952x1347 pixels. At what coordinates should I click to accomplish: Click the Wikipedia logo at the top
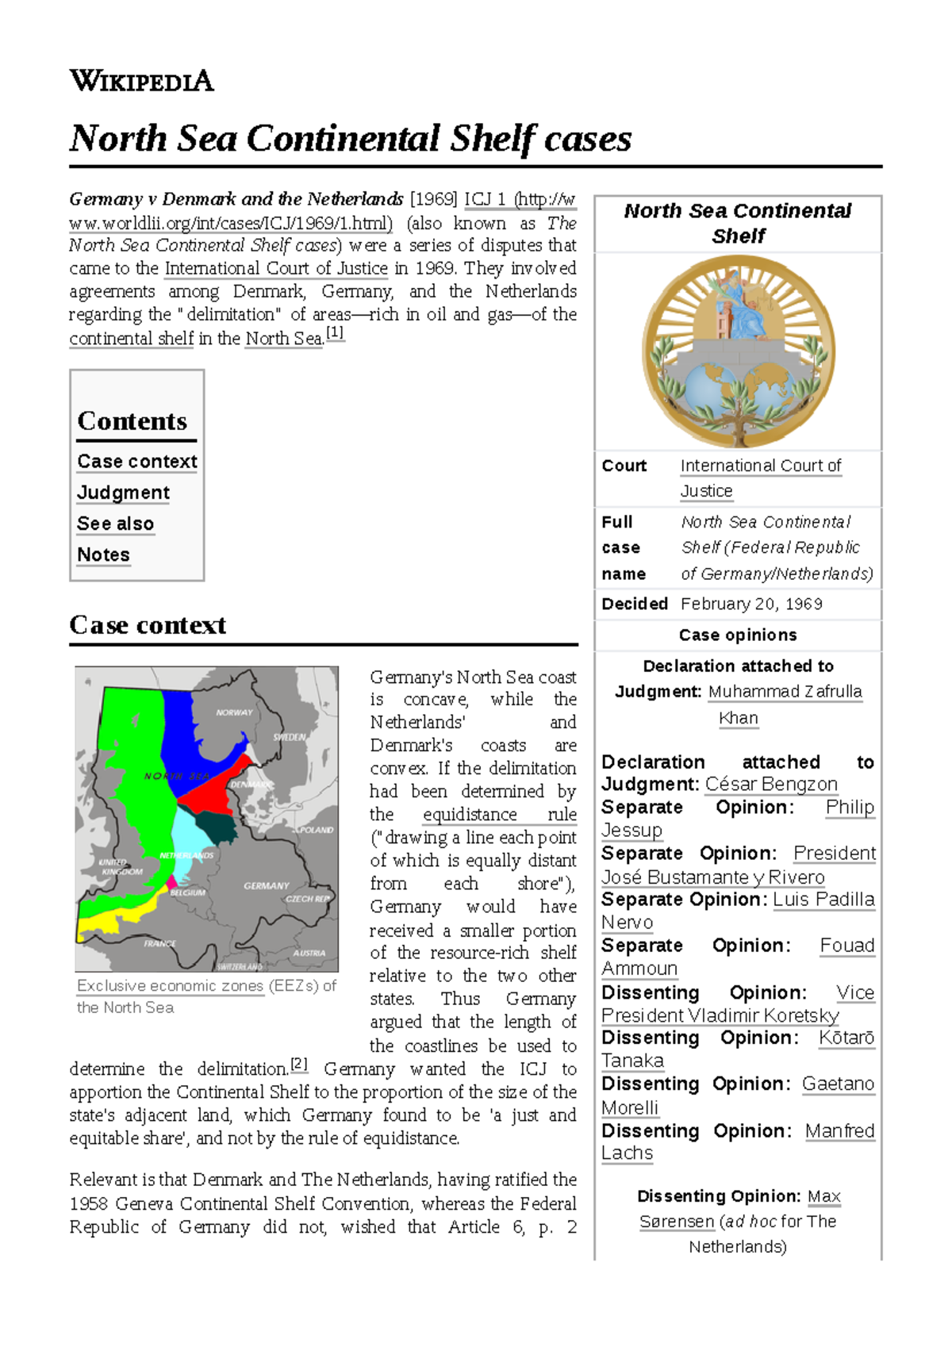(x=141, y=81)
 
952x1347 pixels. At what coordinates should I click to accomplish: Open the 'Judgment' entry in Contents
(x=123, y=493)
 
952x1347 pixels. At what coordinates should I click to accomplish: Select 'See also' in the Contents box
(x=115, y=524)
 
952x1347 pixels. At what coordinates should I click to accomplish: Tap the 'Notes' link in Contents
(x=103, y=555)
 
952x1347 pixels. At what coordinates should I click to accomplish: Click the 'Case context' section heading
(x=148, y=625)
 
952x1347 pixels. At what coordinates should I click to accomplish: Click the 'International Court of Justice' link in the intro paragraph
(x=276, y=268)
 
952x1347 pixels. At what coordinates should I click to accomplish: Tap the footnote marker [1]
(x=335, y=333)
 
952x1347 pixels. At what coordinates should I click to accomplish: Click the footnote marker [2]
(x=298, y=1065)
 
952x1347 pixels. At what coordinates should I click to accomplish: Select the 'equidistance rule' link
(x=499, y=815)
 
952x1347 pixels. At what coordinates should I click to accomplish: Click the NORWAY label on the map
(x=234, y=712)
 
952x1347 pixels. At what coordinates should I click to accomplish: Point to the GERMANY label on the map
(x=266, y=885)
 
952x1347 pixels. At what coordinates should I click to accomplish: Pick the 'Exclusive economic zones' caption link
(x=170, y=985)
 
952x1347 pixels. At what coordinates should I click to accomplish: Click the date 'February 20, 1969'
(x=750, y=604)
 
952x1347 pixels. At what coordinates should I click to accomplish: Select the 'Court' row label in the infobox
(x=624, y=466)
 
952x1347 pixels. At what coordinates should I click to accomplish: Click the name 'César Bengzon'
(x=771, y=784)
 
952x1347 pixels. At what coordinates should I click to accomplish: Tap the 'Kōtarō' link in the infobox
(x=846, y=1038)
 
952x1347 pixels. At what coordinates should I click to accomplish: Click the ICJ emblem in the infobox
(x=738, y=351)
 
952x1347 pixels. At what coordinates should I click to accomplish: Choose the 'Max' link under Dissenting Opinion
(x=823, y=1196)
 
